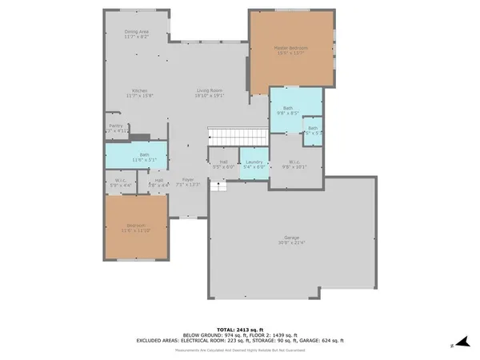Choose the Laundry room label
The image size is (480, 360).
(254, 164)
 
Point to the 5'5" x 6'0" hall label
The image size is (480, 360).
(223, 164)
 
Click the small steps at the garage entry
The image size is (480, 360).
(218, 186)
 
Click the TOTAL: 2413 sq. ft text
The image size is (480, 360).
(240, 329)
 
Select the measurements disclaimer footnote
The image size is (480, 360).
(240, 350)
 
